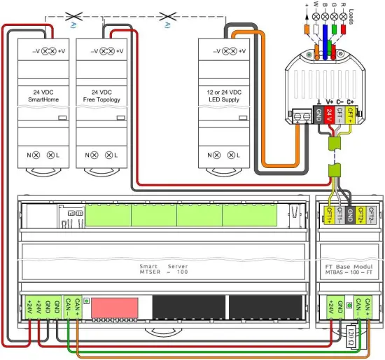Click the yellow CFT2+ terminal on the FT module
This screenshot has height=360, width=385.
click(x=362, y=214)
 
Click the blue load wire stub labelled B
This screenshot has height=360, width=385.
click(x=326, y=30)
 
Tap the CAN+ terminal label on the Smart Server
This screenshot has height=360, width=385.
click(x=78, y=307)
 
